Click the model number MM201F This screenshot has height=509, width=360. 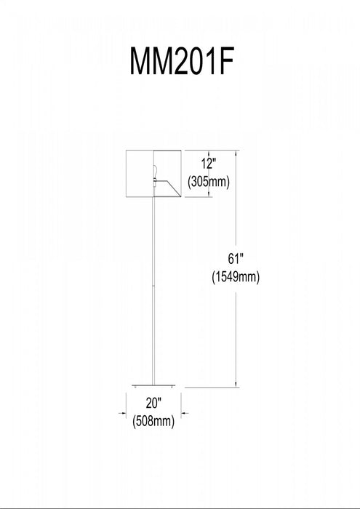tap(182, 61)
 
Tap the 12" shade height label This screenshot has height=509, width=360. tap(208, 164)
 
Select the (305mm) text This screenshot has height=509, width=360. tap(209, 182)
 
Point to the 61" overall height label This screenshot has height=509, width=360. tap(236, 259)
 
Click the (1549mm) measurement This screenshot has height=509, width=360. tap(236, 278)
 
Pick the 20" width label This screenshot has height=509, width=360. tap(153, 403)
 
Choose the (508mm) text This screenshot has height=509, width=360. tap(153, 422)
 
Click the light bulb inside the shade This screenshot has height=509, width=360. tap(155, 171)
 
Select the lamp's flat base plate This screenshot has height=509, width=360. tap(153, 385)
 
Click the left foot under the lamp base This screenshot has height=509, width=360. tap(135, 388)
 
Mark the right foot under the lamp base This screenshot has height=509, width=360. tap(172, 388)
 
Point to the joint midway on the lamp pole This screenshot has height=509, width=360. tap(153, 286)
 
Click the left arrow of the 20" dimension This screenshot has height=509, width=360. tap(122, 413)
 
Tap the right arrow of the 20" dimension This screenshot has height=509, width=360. tap(185, 413)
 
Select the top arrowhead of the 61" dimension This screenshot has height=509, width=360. tap(236, 154)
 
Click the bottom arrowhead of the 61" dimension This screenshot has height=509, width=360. tap(236, 383)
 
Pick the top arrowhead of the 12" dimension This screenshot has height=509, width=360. tap(209, 154)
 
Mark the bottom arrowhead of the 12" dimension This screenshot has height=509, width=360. tap(209, 193)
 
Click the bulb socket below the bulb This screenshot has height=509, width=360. tap(154, 182)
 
